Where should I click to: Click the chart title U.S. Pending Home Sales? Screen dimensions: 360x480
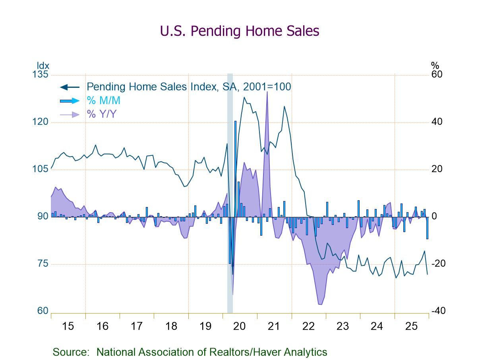239,31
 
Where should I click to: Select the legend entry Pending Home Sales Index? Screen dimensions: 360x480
189,87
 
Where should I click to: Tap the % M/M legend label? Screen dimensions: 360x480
104,101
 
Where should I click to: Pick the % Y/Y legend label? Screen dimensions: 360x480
101,114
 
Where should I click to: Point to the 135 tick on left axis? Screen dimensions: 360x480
40,75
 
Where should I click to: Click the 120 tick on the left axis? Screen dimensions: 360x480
40,122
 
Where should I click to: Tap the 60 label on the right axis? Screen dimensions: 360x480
437,75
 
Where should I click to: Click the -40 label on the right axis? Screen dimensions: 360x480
438,311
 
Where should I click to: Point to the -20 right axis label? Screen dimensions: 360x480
438,264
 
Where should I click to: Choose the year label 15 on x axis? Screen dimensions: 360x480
68,326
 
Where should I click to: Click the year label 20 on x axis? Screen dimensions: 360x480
240,326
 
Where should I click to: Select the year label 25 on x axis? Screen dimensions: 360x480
411,326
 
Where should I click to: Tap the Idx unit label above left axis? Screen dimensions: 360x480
43,66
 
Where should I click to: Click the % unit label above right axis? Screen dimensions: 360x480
435,66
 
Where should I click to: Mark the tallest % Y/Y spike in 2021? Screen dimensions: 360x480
267,92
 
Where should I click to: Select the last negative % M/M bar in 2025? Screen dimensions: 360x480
428,228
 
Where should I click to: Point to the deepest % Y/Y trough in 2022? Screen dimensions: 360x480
320,304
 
